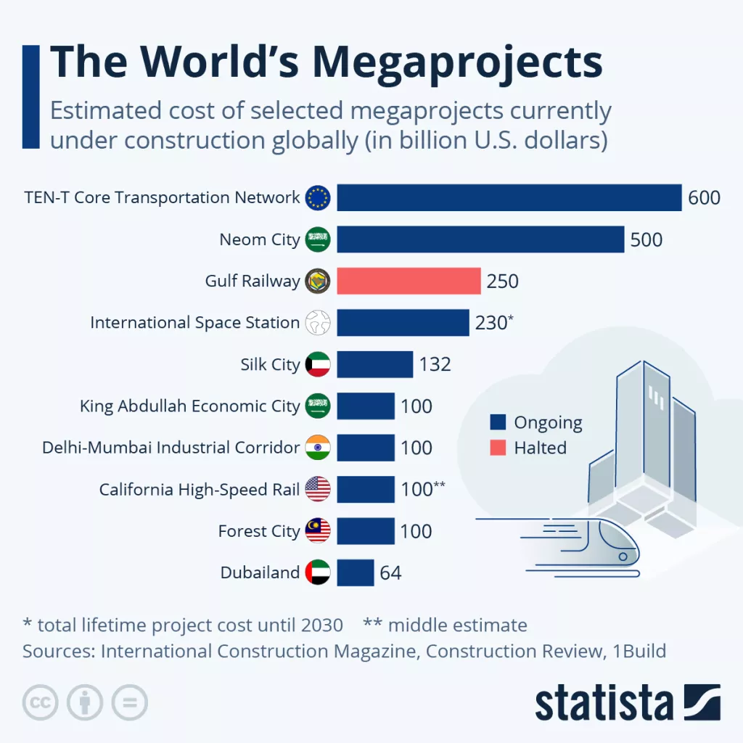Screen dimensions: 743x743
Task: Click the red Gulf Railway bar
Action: [409, 281]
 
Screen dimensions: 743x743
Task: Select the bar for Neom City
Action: [480, 239]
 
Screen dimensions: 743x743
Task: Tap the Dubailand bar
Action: [355, 572]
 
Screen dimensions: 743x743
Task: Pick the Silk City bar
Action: [374, 364]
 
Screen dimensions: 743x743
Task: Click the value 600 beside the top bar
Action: [704, 197]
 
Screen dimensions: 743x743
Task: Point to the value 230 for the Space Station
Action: [490, 323]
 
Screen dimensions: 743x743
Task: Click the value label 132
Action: [435, 364]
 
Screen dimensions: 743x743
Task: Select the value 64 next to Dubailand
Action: [390, 573]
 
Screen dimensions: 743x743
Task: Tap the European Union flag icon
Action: [318, 197]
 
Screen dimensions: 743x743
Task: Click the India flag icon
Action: [318, 448]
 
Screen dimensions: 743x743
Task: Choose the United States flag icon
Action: [318, 490]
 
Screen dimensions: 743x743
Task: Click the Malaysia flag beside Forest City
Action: [318, 531]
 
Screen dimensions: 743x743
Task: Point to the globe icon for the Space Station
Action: [318, 323]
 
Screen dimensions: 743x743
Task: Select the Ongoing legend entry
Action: [537, 422]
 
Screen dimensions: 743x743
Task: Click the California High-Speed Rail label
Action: [200, 490]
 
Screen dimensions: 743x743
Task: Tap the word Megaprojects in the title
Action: [458, 63]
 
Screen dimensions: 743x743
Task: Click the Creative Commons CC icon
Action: [41, 702]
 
